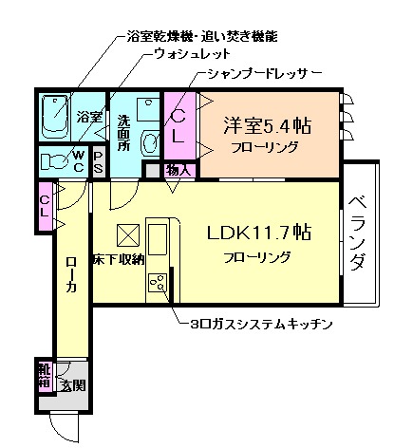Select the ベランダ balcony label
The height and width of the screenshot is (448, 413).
click(357, 233)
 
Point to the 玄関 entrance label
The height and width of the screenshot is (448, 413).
click(73, 384)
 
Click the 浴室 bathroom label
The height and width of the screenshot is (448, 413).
click(90, 117)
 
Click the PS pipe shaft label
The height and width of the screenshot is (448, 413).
click(99, 161)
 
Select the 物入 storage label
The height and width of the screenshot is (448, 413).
click(179, 171)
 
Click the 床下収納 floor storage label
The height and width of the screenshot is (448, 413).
click(118, 259)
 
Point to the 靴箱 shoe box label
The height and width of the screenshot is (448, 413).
click(44, 375)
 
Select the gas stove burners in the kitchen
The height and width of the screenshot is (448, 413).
click(158, 283)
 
